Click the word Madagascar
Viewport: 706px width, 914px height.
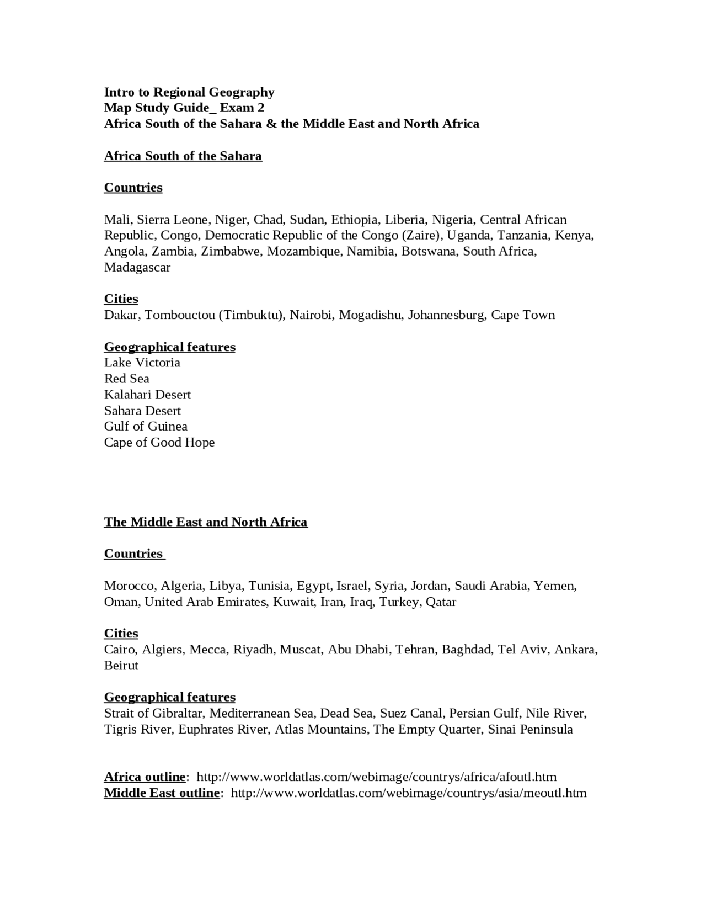(137, 268)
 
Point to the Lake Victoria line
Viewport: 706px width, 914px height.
(142, 363)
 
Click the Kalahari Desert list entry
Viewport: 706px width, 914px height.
(147, 395)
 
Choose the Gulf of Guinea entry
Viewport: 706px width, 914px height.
(146, 426)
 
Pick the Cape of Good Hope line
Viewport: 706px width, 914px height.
(159, 442)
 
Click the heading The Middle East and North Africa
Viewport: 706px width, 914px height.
(206, 522)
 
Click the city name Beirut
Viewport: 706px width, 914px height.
(121, 666)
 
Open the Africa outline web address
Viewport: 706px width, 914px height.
(376, 777)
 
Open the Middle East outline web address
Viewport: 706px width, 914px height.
(408, 793)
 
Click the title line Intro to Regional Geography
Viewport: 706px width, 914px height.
(189, 92)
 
